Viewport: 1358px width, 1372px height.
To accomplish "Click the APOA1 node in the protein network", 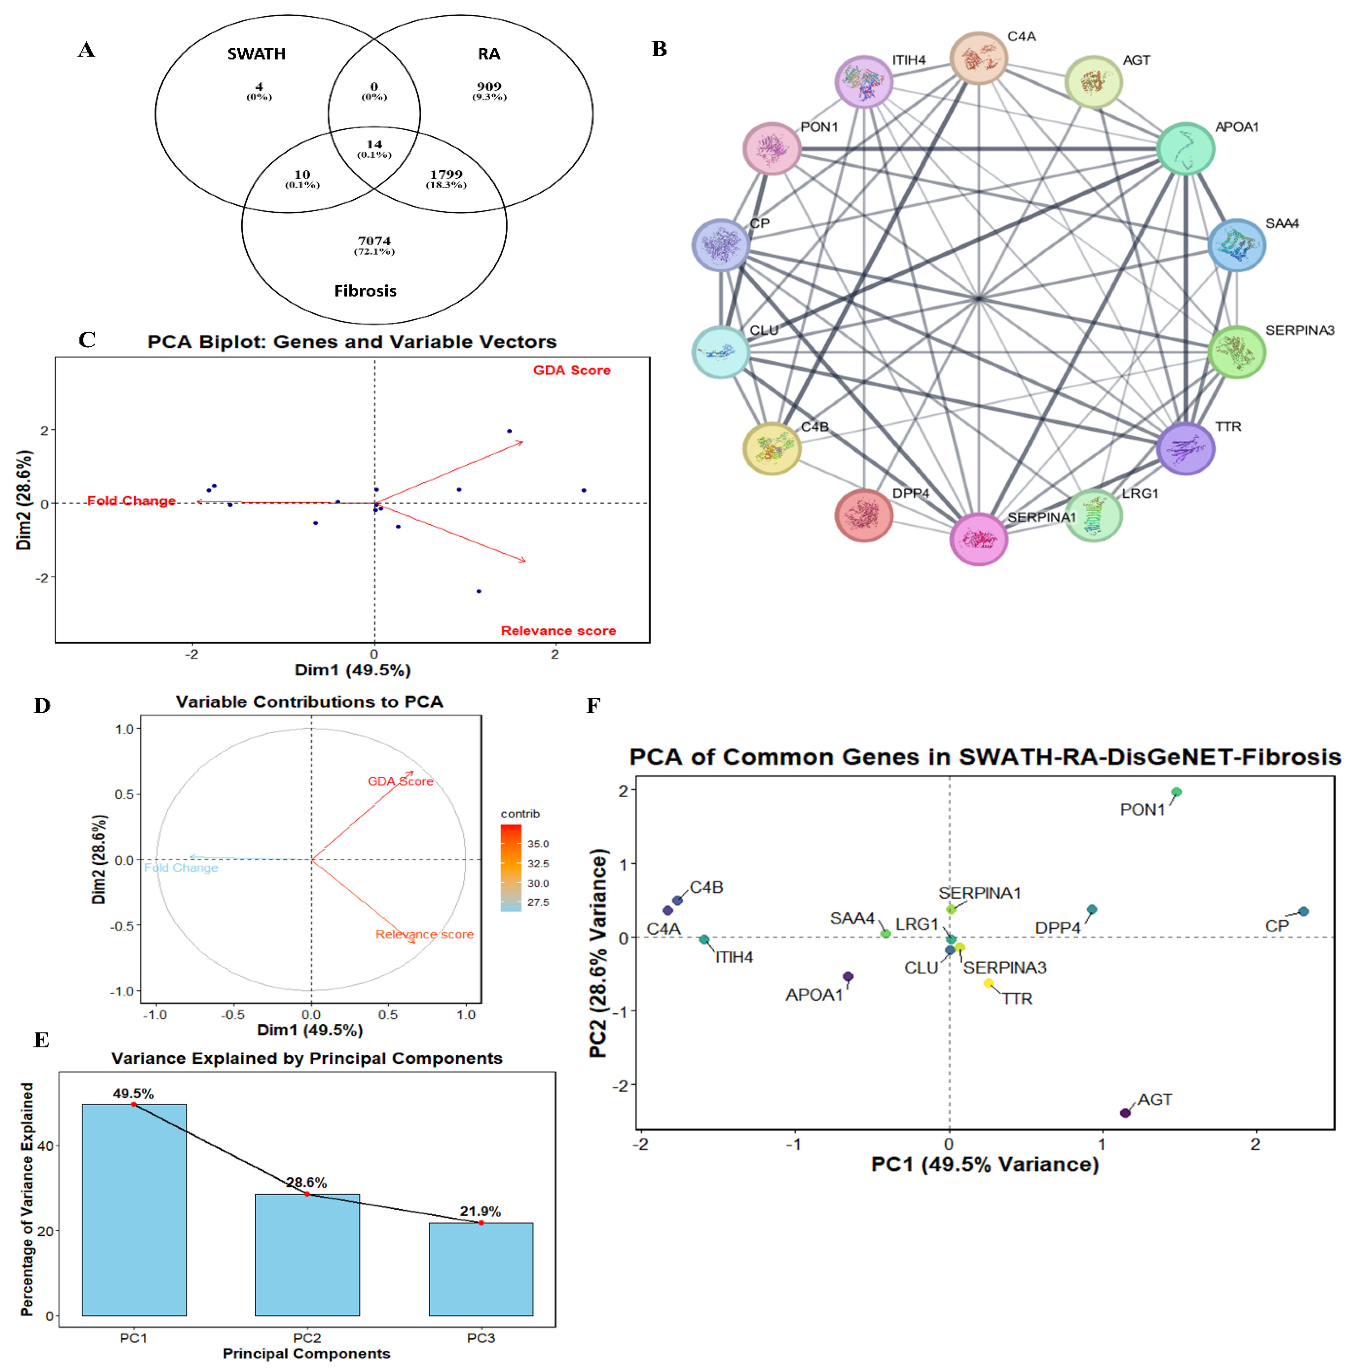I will [x=1184, y=148].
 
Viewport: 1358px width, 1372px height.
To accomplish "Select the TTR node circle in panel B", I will [x=1184, y=448].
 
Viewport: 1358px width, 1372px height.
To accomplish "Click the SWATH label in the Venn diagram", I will [x=256, y=54].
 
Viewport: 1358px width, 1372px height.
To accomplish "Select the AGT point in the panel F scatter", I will [x=1124, y=1113].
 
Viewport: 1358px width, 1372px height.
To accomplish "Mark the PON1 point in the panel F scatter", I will [x=1176, y=792].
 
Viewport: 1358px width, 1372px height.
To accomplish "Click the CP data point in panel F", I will [x=1303, y=911].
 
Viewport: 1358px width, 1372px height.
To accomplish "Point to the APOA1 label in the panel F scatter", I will [x=814, y=995].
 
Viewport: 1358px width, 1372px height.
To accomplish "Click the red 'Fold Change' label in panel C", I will [x=131, y=501].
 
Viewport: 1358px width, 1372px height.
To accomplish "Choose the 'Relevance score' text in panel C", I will [x=558, y=631].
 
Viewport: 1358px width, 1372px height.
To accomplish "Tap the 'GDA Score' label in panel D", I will [x=400, y=781].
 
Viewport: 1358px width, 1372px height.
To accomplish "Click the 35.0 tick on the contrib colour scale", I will [x=538, y=844].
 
